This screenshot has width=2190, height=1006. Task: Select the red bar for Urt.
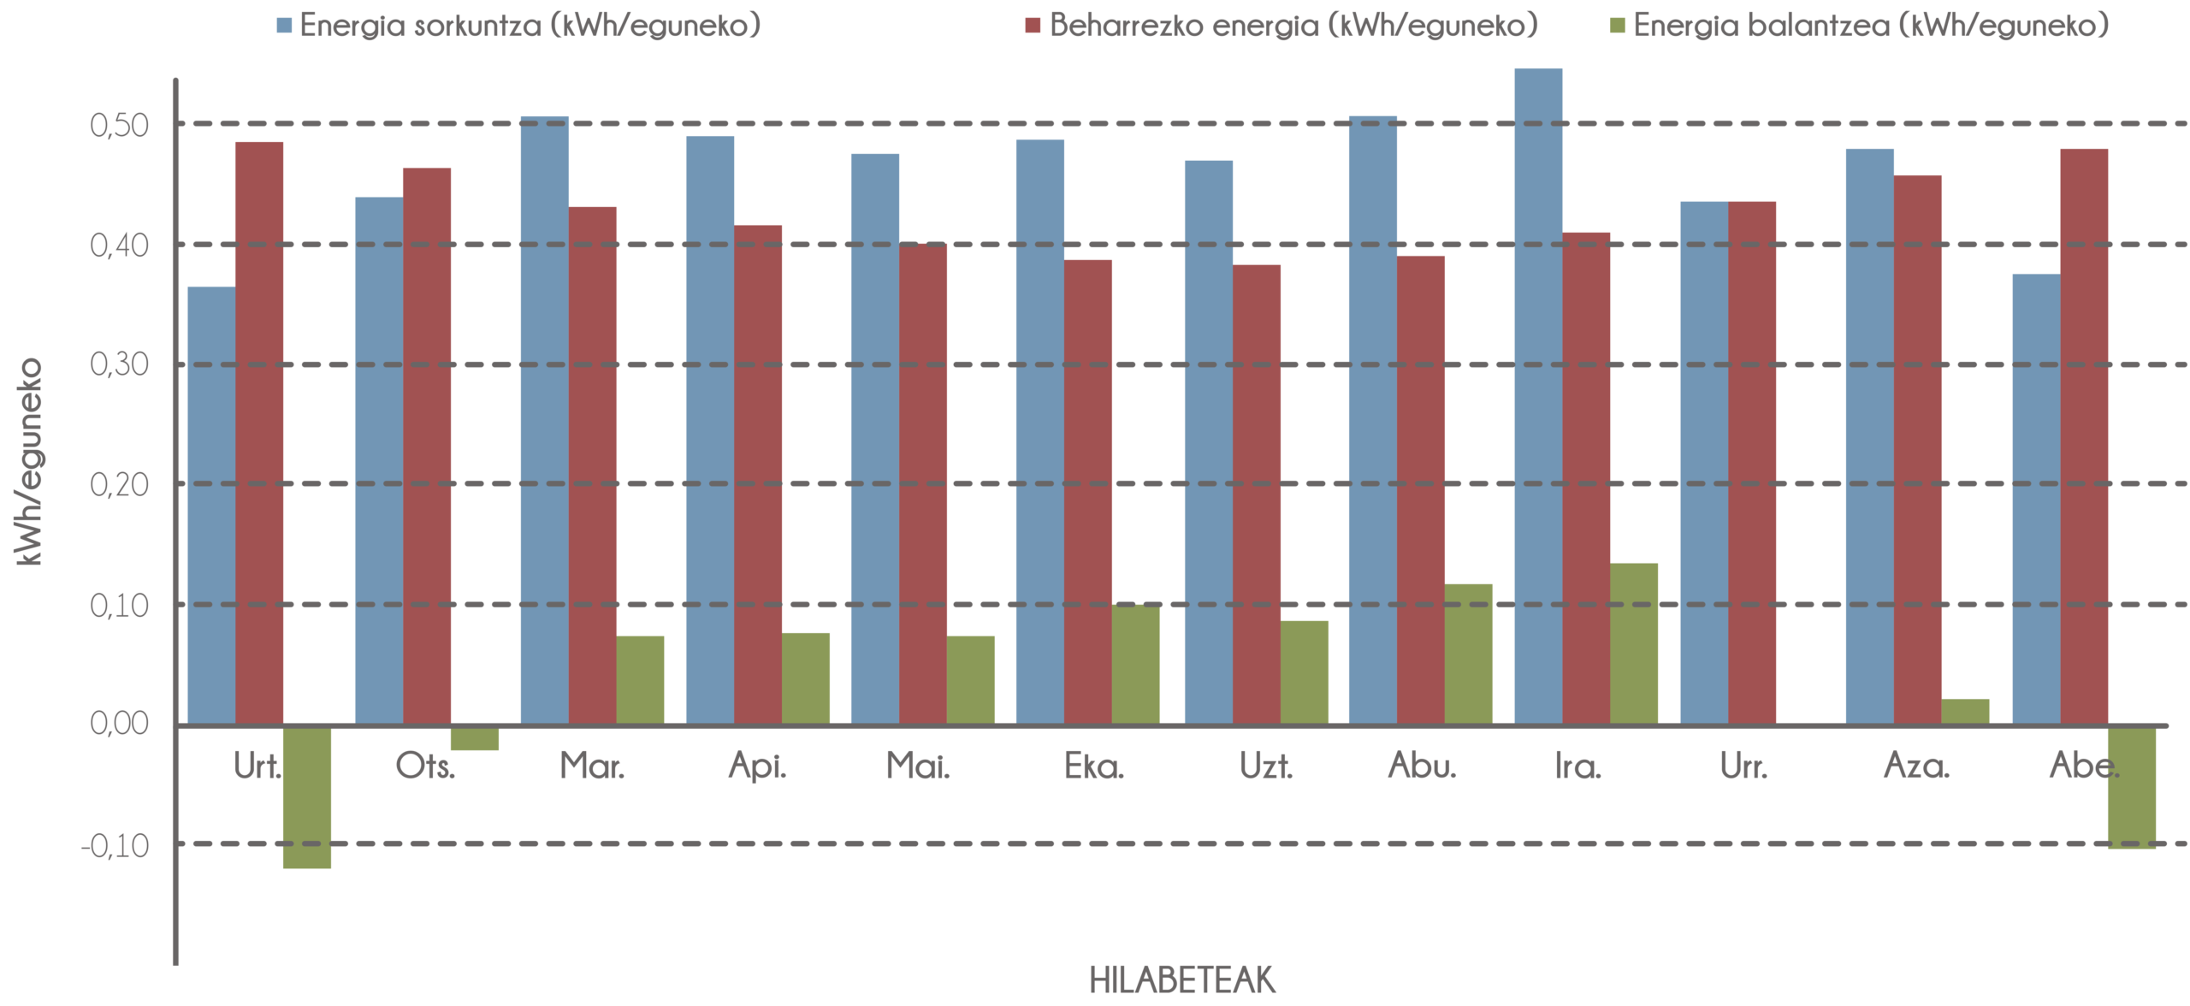pos(259,433)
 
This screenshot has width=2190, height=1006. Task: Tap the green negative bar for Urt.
pos(307,796)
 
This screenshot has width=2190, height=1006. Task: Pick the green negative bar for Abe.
pos(2132,787)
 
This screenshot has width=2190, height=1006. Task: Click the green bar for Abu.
pos(1469,654)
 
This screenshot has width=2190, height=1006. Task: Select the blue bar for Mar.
pos(545,419)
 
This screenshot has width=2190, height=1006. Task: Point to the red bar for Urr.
pos(1752,463)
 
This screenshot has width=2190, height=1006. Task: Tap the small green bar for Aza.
pos(1965,711)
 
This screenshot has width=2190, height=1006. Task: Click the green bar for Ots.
pos(475,737)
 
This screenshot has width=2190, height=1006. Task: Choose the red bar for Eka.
pos(1088,492)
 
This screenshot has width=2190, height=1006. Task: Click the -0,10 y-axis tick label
pos(115,846)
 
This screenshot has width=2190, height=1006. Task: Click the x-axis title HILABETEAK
pos(1182,980)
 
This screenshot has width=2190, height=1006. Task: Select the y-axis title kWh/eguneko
pos(29,462)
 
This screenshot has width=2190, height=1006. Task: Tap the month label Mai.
pos(918,766)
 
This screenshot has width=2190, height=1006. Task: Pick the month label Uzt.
pos(1265,766)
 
